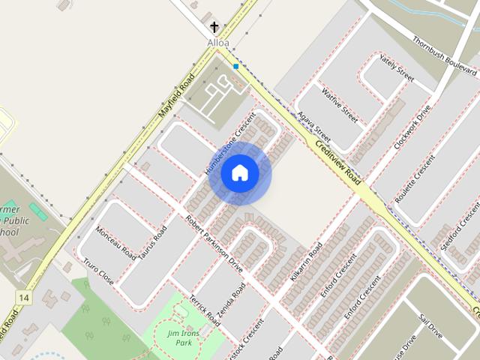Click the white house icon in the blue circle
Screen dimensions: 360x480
(x=239, y=172)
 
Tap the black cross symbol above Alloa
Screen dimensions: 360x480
(x=214, y=28)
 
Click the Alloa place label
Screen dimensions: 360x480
(x=218, y=43)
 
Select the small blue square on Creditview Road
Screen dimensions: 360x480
(x=235, y=67)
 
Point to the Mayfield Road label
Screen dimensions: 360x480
(x=177, y=95)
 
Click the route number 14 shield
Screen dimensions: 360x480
(x=25, y=298)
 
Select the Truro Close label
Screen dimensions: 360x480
(x=98, y=273)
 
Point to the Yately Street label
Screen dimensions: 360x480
(x=397, y=68)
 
